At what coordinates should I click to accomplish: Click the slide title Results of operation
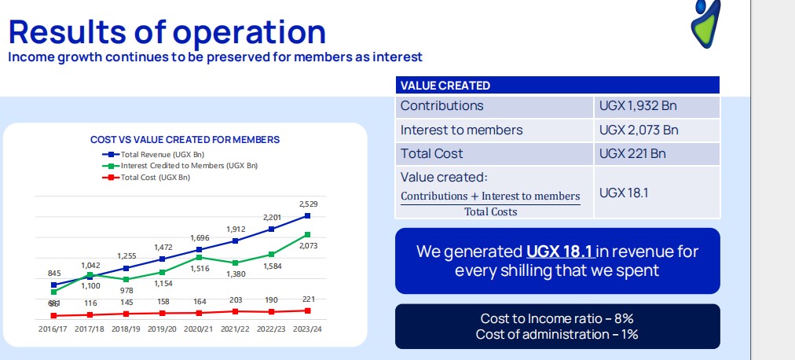pyautogui.click(x=167, y=31)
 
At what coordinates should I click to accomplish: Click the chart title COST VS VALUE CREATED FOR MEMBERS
pyautogui.click(x=185, y=140)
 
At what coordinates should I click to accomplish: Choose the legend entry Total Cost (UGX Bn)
pyautogui.click(x=155, y=178)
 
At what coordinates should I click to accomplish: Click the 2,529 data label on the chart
pyautogui.click(x=308, y=204)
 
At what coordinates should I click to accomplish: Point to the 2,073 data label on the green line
pyautogui.click(x=308, y=247)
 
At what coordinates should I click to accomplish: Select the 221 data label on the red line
pyautogui.click(x=308, y=299)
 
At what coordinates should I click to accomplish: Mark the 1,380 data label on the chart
pyautogui.click(x=235, y=274)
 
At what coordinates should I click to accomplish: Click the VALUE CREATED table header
pyautogui.click(x=445, y=86)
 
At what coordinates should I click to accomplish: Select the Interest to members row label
pyautogui.click(x=461, y=130)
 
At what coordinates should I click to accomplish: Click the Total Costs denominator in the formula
pyautogui.click(x=490, y=211)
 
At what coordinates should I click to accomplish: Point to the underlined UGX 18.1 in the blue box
pyautogui.click(x=560, y=252)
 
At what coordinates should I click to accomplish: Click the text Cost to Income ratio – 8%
pyautogui.click(x=557, y=318)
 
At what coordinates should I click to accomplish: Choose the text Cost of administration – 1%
pyautogui.click(x=557, y=334)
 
